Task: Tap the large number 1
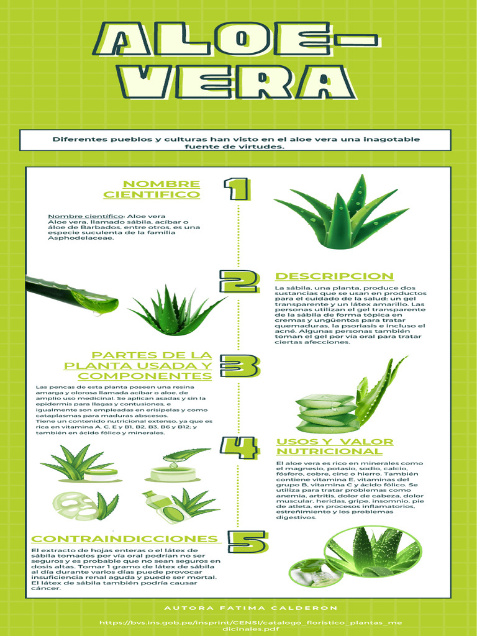tap(237, 189)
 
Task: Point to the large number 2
tap(238, 281)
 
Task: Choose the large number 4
tap(238, 447)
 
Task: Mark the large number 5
tap(247, 541)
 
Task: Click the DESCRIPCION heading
tap(334, 276)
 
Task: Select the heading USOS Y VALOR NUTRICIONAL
tap(334, 446)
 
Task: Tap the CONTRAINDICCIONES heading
tap(124, 538)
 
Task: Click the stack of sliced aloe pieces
tap(326, 413)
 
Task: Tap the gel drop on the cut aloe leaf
tap(99, 303)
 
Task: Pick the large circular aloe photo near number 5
tap(373, 552)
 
